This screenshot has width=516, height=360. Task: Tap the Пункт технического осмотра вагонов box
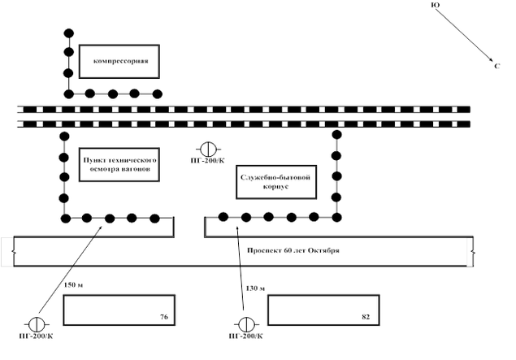(119, 166)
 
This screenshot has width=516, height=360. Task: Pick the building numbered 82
(318, 309)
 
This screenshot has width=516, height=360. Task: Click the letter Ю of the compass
(436, 6)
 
